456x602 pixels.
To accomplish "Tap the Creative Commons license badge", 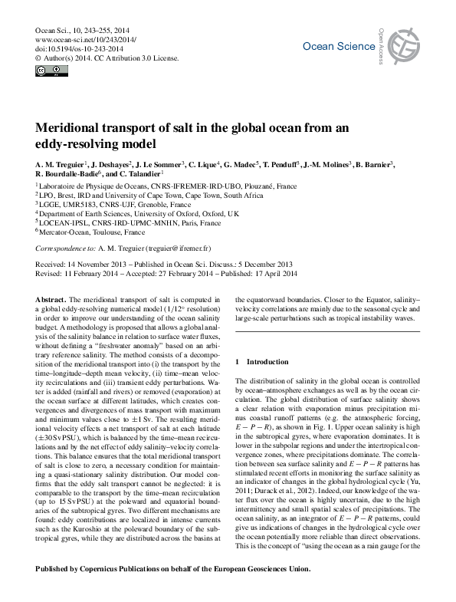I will pos(51,71).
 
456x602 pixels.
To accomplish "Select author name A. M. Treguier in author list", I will pos(61,164).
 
